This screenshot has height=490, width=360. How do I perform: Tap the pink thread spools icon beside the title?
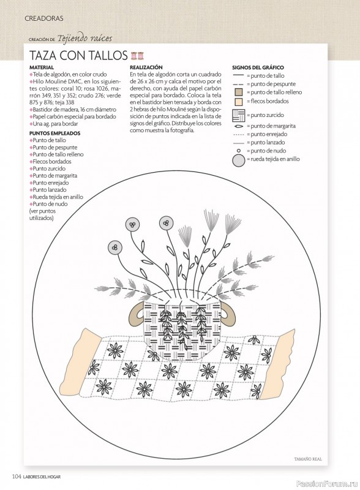[x=138, y=56]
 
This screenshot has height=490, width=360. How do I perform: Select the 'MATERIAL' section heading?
[x=42, y=67]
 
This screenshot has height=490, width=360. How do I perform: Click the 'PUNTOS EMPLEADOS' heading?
[x=54, y=133]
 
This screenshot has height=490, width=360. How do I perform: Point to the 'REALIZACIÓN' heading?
[x=146, y=67]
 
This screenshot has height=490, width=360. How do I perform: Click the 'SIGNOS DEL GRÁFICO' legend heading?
[x=258, y=67]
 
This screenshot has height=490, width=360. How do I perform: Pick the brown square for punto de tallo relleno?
[x=238, y=92]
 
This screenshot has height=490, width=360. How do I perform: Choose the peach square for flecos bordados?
[x=238, y=102]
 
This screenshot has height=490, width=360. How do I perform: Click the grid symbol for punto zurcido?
[x=239, y=115]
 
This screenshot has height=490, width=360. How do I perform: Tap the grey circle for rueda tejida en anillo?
[x=239, y=160]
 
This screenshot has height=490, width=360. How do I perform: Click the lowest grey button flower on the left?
[x=114, y=247]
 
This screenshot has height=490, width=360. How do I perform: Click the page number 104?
[x=17, y=477]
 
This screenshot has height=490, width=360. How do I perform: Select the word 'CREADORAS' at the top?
[x=43, y=18]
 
